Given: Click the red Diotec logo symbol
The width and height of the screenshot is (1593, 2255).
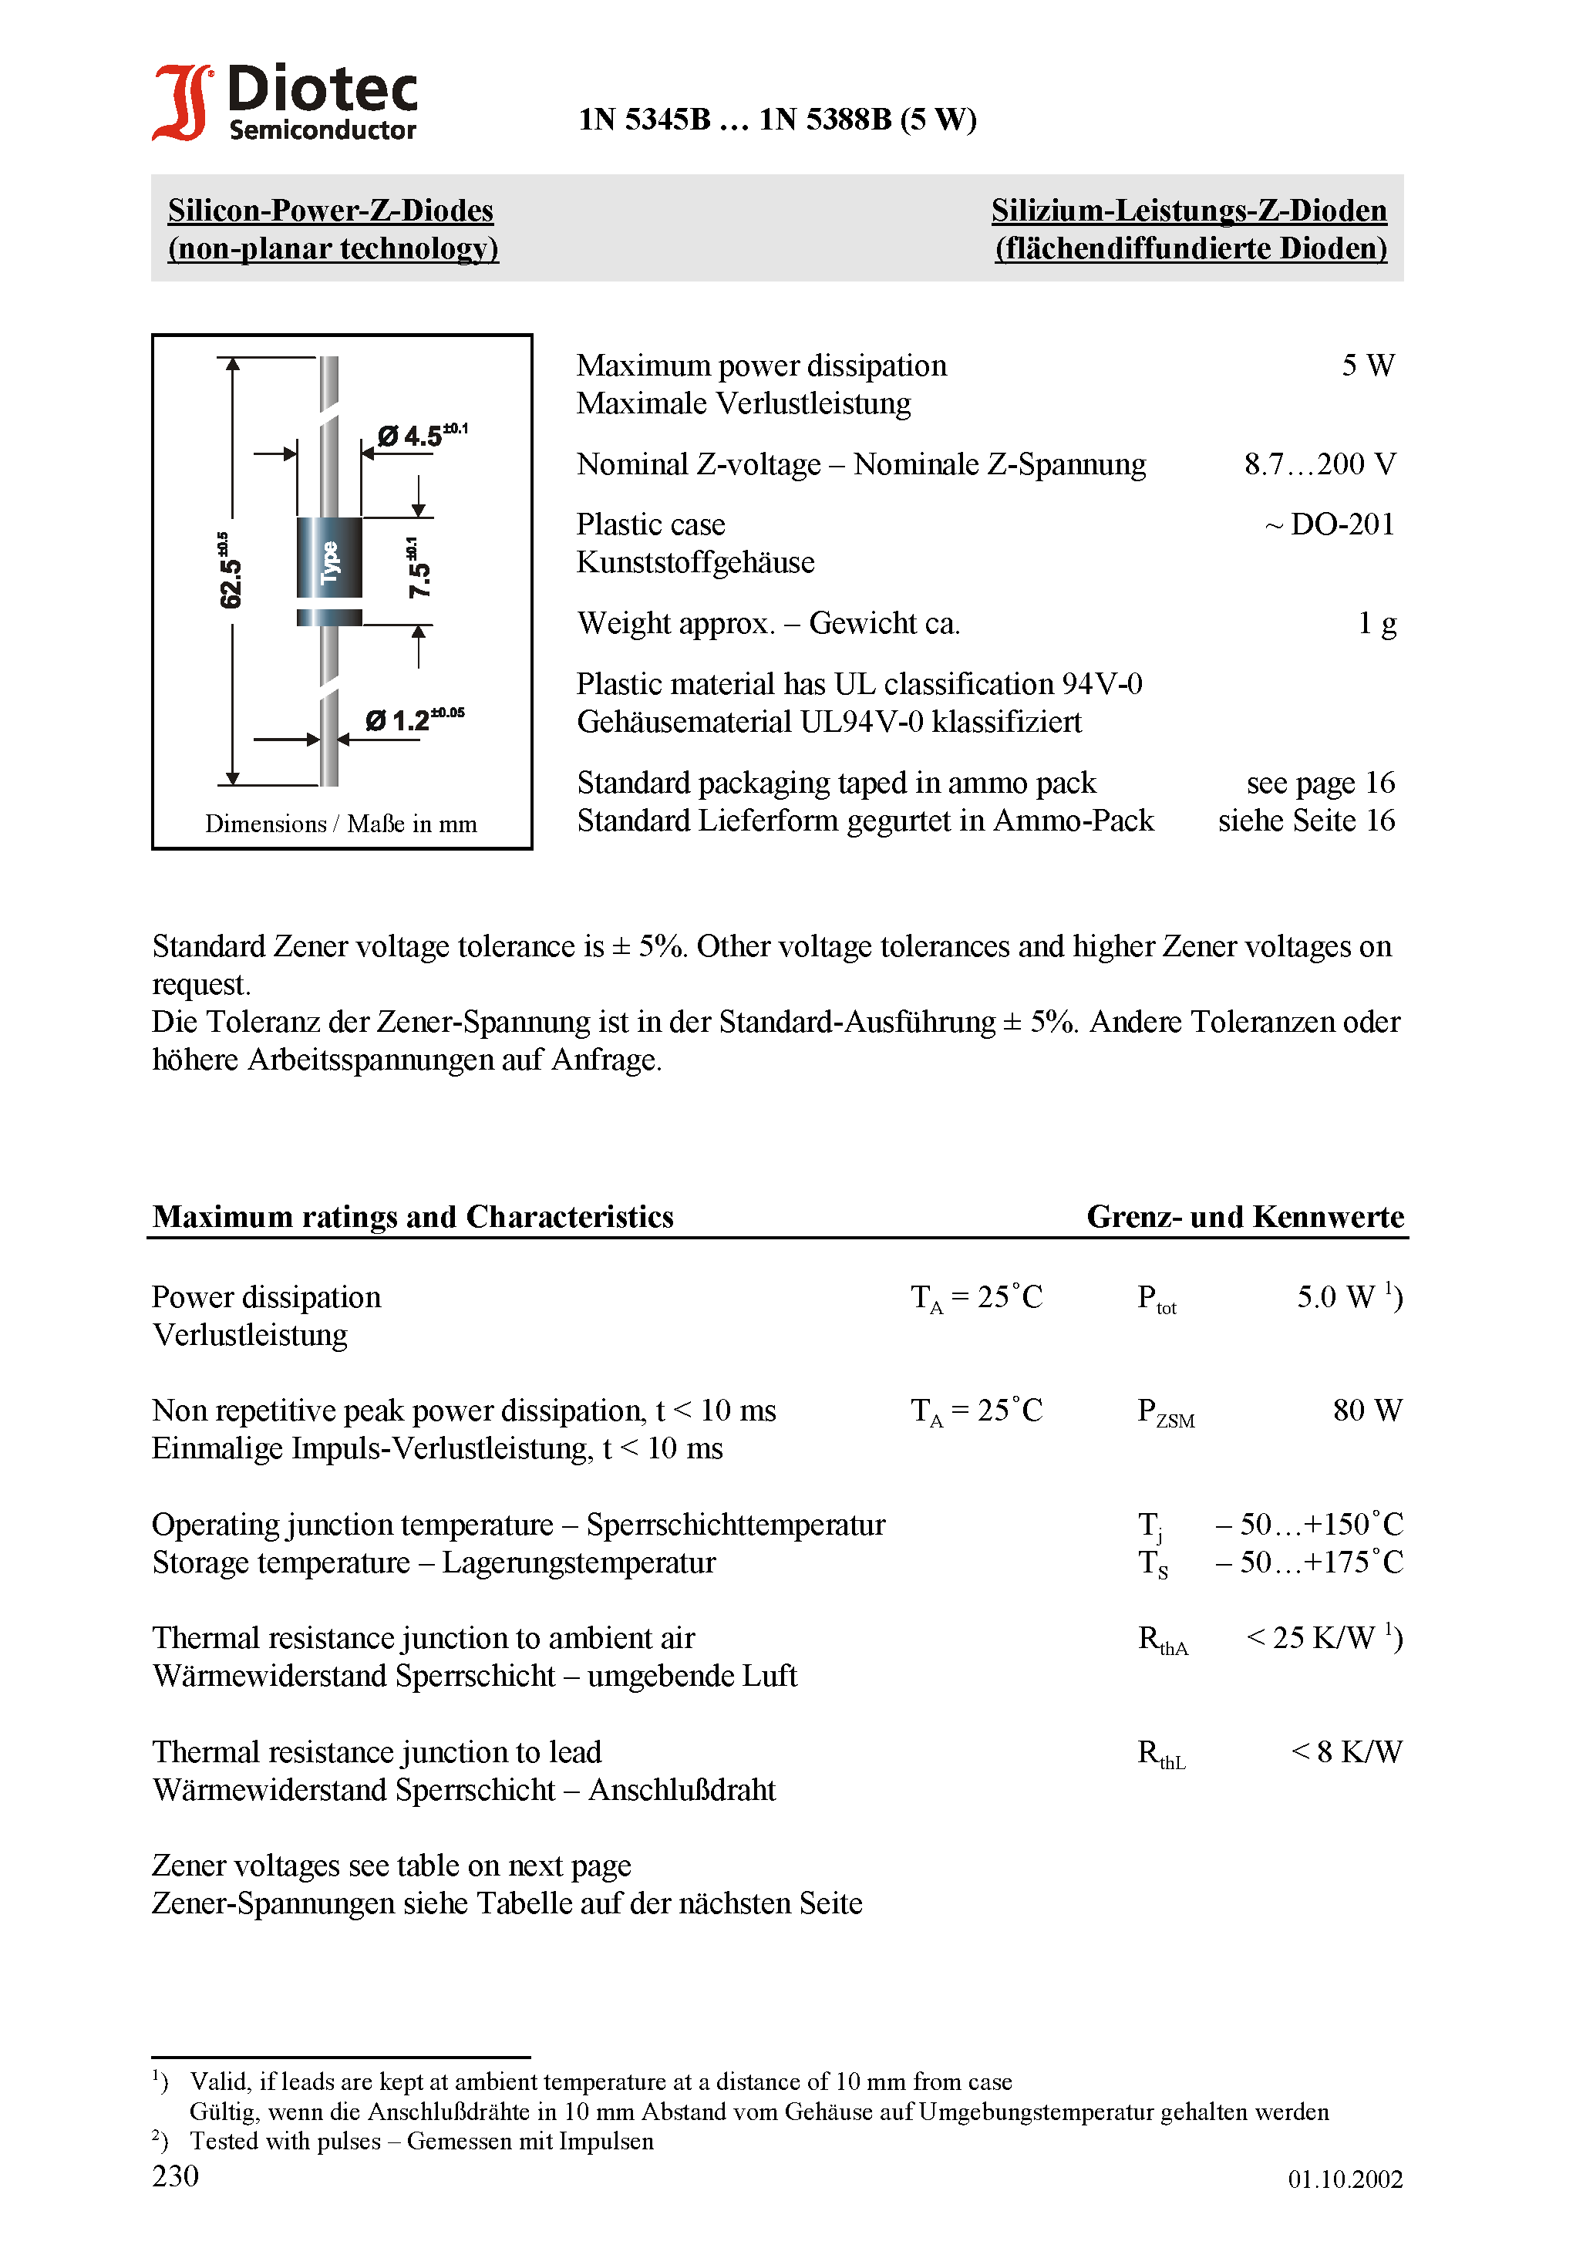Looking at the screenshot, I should coord(182,102).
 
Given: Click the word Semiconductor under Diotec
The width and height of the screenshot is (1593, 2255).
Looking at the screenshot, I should coord(322,130).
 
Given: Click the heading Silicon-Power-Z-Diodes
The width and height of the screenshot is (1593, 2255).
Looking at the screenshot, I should coord(330,211).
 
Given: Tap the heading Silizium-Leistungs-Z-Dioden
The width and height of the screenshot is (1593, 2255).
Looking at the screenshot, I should coord(1188,211).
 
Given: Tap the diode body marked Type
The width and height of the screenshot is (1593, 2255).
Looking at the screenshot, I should coord(329,558).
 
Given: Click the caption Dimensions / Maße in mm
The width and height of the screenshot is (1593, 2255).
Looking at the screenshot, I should coord(341,824).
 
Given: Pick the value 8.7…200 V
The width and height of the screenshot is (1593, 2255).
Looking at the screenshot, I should coord(1319,463).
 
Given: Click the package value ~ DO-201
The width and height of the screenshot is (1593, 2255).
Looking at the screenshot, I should coord(1330,524).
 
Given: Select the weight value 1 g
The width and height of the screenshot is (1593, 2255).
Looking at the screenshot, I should coord(1377,624).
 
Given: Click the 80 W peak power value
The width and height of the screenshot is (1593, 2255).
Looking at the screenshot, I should coord(1367,1411).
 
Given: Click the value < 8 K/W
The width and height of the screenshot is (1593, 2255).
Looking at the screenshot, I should coord(1345,1752).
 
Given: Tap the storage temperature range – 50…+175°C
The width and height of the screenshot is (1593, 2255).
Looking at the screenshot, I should coord(1308,1562).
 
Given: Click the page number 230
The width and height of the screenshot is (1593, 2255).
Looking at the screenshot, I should coord(176,2176).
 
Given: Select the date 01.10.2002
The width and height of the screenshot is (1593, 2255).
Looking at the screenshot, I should coord(1345,2179).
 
